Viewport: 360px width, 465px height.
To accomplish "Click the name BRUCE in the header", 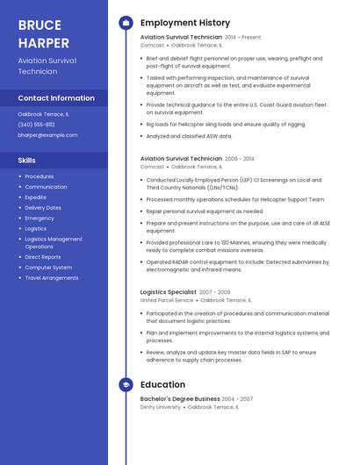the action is [40, 25].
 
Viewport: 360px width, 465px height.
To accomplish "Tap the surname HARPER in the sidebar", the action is [45, 41].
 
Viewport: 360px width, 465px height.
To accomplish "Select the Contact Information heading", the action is [56, 98].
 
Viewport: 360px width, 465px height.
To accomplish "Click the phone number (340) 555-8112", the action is [36, 125].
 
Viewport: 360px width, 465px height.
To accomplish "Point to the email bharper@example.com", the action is [47, 135].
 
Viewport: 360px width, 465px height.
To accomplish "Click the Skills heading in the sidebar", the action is [27, 161].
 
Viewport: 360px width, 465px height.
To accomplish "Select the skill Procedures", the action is [40, 176].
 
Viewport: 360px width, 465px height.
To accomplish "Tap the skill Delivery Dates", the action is [43, 208].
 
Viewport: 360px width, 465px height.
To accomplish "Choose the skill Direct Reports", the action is [43, 257].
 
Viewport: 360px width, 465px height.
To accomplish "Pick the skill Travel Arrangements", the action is [52, 278].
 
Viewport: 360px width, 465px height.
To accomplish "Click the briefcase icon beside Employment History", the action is [126, 23].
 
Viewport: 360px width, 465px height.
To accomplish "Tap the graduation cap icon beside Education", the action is [126, 384].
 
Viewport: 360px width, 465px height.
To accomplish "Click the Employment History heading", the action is [185, 23].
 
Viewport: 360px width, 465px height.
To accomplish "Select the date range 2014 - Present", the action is [243, 38].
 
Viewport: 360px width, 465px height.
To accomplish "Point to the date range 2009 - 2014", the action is [240, 159].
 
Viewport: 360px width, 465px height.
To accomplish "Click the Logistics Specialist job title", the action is [169, 292].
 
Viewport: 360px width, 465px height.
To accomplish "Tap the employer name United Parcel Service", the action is [167, 300].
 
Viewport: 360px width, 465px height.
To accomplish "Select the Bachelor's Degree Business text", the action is [181, 399].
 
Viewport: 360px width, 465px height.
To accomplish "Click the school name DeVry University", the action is [162, 407].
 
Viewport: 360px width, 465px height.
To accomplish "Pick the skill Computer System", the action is [48, 268].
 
